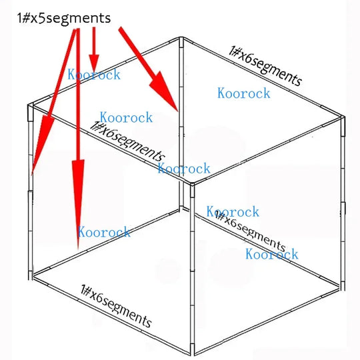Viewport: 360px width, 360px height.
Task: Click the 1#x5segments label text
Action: click(x=64, y=19)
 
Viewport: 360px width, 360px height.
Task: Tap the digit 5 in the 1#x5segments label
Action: click(x=41, y=18)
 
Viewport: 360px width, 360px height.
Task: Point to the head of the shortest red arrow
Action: click(x=94, y=63)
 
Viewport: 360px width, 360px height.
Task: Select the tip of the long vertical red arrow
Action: click(x=78, y=250)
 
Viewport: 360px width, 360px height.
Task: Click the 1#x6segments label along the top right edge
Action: click(x=265, y=65)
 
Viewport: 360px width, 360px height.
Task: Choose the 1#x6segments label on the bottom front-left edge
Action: click(x=116, y=306)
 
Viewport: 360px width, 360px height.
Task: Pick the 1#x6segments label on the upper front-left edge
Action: click(x=127, y=141)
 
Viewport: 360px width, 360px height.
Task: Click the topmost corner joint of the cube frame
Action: click(x=181, y=39)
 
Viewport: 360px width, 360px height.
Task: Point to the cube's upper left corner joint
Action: click(x=31, y=108)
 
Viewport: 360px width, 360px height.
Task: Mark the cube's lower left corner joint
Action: click(x=31, y=275)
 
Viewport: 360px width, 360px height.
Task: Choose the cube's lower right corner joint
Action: click(x=343, y=286)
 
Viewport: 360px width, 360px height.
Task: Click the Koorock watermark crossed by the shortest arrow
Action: click(x=94, y=75)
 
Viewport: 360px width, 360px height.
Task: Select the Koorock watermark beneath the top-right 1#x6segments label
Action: click(x=244, y=93)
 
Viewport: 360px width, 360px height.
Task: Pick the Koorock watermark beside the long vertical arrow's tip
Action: click(x=104, y=232)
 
